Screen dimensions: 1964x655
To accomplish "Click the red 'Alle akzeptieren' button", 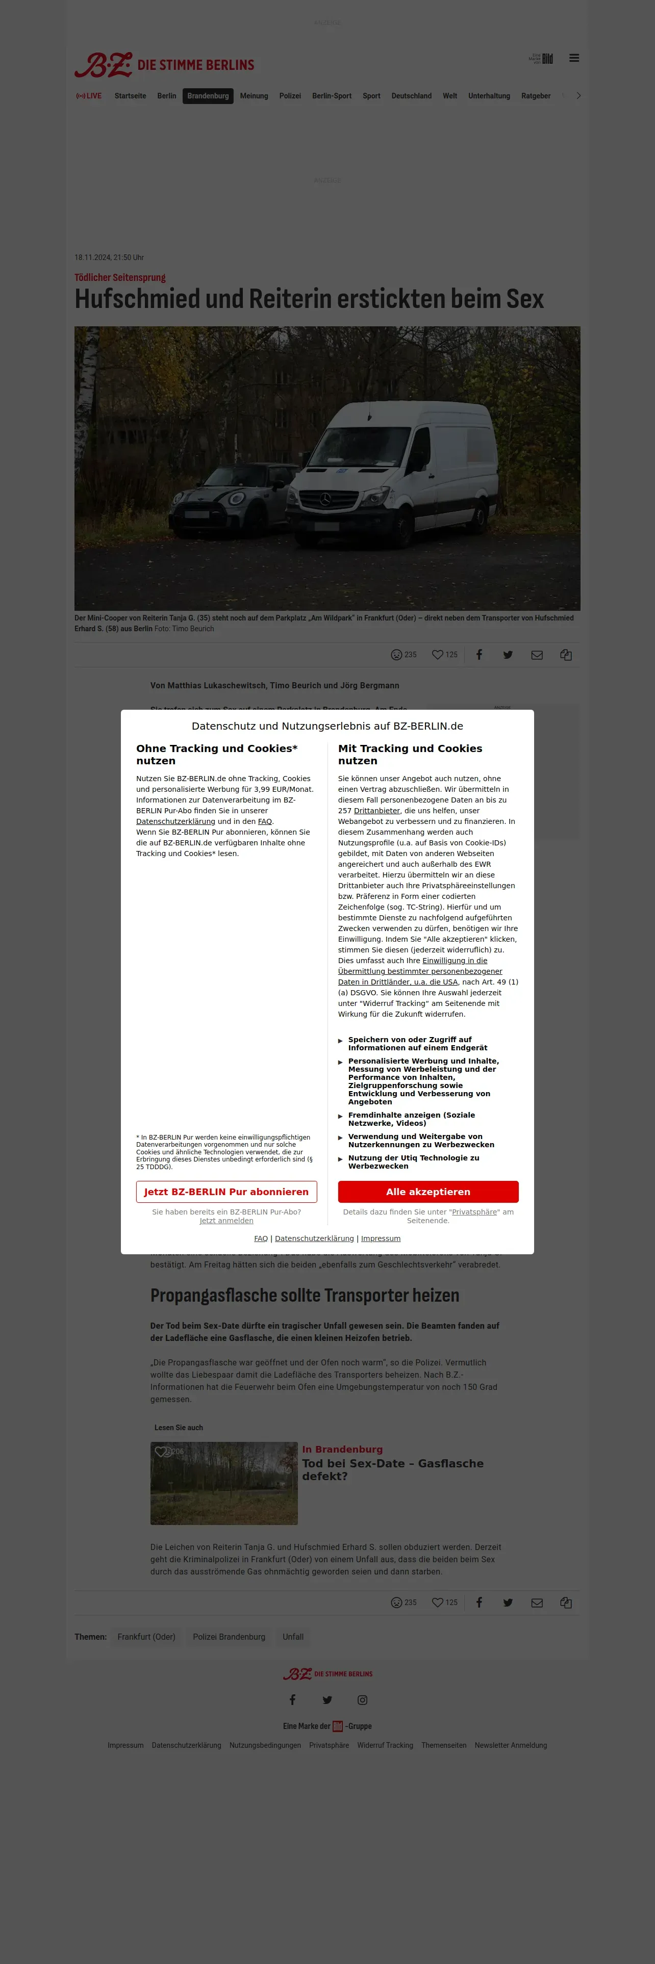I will tap(428, 1191).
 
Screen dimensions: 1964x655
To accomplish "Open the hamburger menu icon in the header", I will tap(574, 58).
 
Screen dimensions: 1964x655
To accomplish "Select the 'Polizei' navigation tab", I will tap(290, 96).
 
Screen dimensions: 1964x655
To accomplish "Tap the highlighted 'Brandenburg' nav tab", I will tap(208, 96).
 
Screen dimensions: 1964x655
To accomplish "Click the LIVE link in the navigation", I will tap(89, 96).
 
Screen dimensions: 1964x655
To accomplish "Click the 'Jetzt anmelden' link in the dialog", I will tap(226, 1221).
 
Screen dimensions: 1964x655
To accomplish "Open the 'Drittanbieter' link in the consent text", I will tap(376, 811).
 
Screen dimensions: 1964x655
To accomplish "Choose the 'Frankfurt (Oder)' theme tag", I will tap(146, 1637).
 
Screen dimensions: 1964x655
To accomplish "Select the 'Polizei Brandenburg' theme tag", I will tap(229, 1637).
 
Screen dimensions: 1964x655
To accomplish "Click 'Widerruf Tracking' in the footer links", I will tap(385, 1745).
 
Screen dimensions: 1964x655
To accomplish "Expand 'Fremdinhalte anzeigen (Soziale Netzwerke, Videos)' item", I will tap(411, 1119).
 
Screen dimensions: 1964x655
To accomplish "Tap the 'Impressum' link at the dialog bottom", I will tap(381, 1238).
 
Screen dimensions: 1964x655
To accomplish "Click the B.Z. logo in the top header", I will tap(104, 65).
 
